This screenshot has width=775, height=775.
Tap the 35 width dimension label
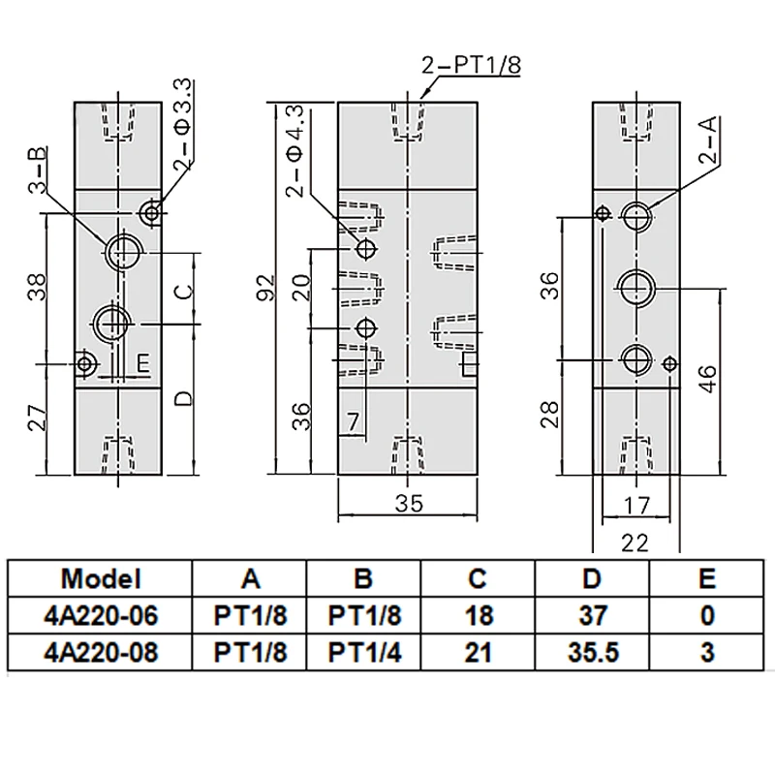click(x=409, y=503)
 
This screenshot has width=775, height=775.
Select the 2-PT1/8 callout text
click(x=471, y=65)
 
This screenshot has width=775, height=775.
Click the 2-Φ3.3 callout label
click(x=182, y=124)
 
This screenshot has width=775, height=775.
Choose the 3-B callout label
click(x=38, y=170)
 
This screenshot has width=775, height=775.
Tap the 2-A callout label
click(x=708, y=139)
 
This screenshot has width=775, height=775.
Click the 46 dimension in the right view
click(x=708, y=379)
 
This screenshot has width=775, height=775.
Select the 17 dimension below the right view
click(x=635, y=506)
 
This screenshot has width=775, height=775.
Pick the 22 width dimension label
click(x=635, y=543)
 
